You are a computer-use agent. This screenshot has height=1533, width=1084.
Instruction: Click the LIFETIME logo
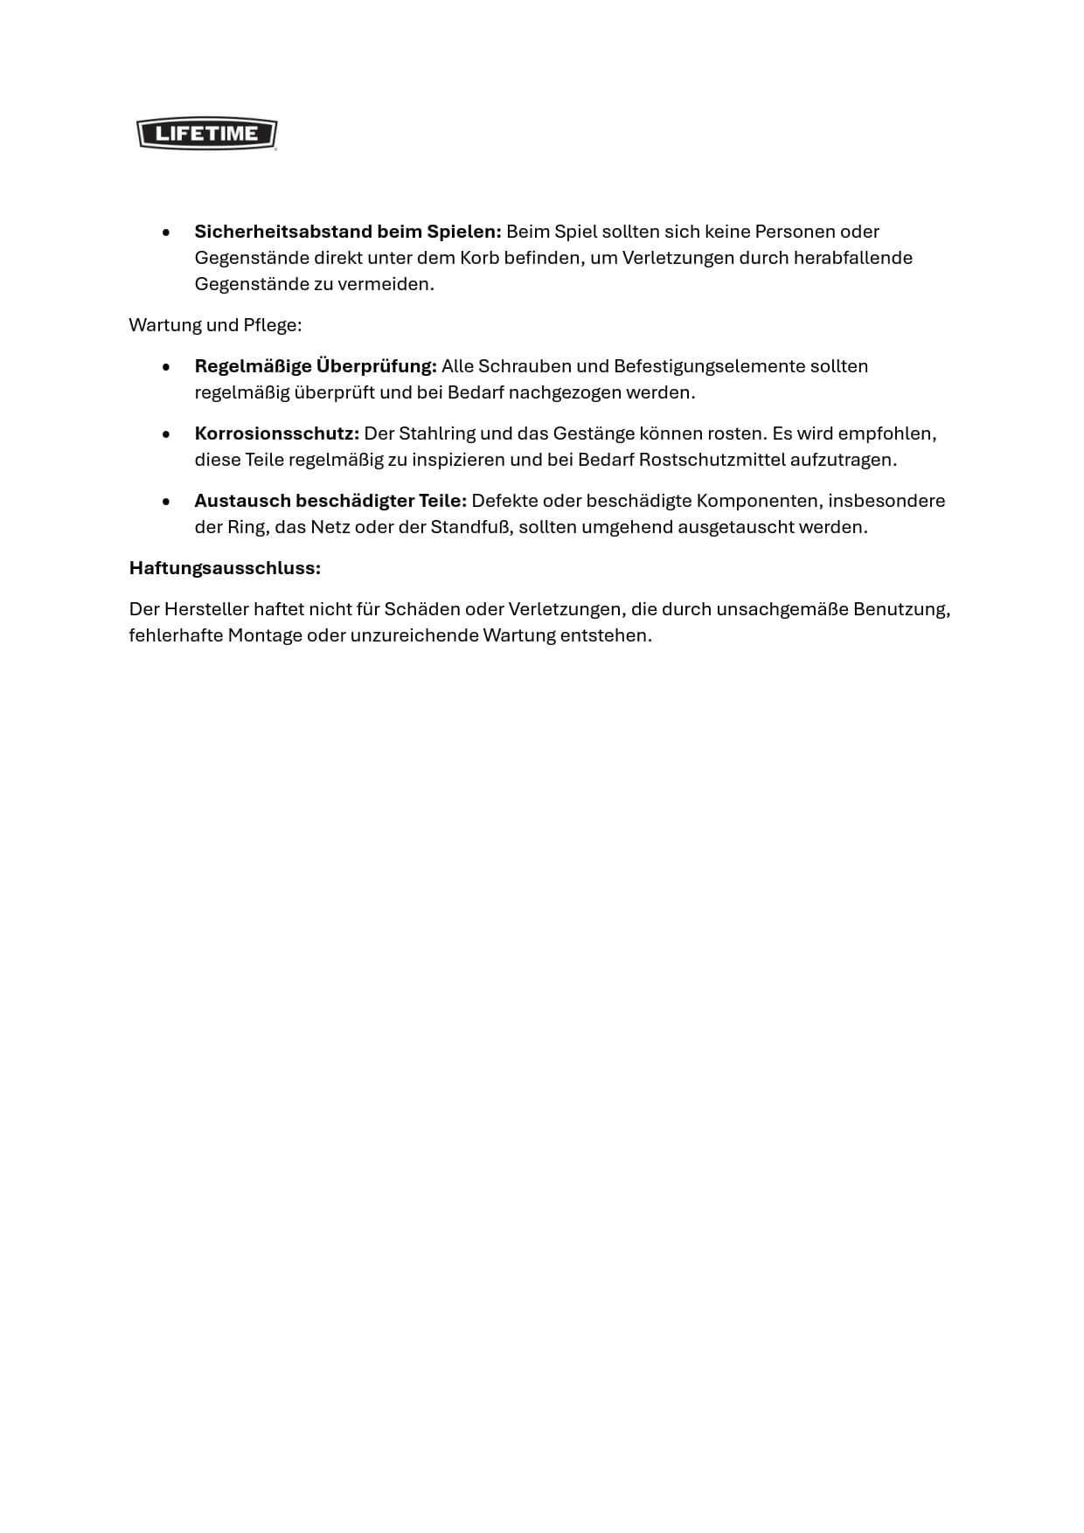pos(207,134)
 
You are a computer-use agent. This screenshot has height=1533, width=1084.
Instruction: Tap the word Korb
pos(479,258)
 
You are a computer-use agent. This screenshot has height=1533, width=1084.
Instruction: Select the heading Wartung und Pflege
pos(215,325)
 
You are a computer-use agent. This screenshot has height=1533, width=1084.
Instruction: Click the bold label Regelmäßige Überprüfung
pos(316,366)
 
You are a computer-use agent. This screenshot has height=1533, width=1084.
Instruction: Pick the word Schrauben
pos(523,366)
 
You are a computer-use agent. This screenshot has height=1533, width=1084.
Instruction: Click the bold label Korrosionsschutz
pos(277,434)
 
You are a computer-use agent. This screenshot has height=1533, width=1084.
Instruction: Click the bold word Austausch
pos(242,501)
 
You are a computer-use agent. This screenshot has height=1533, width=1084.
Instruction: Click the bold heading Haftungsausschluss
pos(225,568)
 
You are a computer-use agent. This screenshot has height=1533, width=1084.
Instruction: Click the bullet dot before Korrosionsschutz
pos(166,434)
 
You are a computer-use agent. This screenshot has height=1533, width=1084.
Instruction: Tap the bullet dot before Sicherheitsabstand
pos(166,232)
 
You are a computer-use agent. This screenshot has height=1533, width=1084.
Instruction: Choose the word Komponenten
pos(759,501)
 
